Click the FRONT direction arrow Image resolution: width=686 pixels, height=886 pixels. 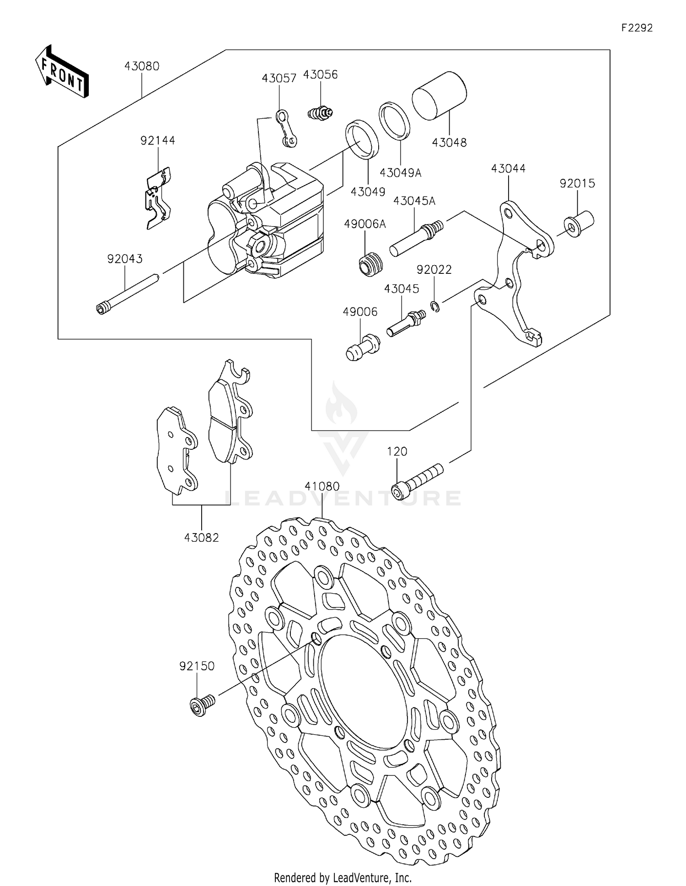pos(62,72)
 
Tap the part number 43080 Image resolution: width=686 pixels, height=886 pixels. pos(142,66)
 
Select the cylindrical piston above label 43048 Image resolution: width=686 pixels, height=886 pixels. pos(439,96)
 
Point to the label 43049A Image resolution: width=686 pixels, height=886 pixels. pos(400,173)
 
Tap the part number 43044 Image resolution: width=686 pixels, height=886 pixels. pos(508,169)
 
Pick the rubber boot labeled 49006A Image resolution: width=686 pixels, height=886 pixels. pos(370,264)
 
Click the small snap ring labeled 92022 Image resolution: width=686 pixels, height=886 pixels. pos(435,306)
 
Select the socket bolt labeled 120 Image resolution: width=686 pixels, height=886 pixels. pos(418,480)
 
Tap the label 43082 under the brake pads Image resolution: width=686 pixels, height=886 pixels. pos(201,538)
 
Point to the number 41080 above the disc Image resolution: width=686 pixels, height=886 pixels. pos(322,486)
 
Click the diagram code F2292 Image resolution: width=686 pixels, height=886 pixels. pos(637,28)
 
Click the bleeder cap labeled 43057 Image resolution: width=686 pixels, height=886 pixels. pos(287,128)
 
